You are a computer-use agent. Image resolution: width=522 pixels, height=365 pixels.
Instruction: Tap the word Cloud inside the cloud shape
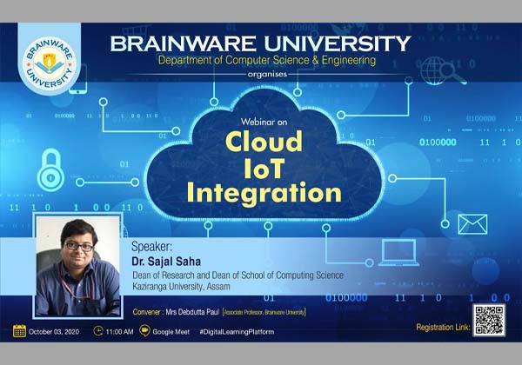(264, 141)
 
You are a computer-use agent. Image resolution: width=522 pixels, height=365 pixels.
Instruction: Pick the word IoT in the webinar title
(264, 165)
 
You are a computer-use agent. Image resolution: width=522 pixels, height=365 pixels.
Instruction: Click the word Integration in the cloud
(264, 190)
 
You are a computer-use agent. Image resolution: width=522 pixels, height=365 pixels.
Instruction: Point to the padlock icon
(50, 169)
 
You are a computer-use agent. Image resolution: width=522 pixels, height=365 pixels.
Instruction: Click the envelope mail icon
(472, 223)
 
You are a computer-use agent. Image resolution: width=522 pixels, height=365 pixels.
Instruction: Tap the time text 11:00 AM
(120, 331)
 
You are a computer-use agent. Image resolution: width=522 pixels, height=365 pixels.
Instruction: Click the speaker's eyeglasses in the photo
(79, 247)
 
